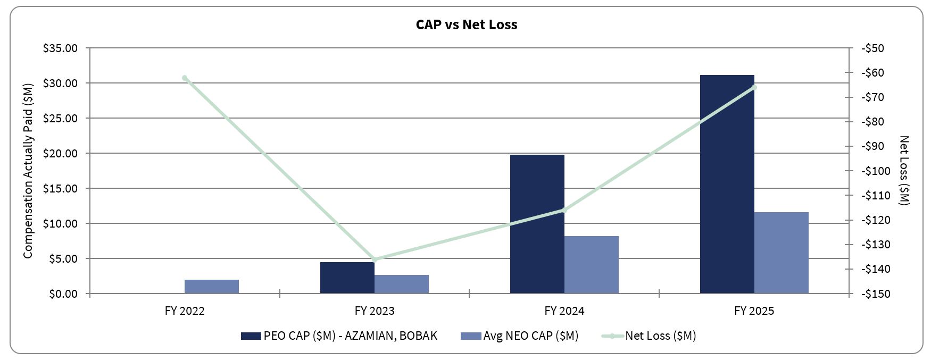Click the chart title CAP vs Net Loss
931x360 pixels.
(x=466, y=24)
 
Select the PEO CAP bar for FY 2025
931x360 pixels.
(x=727, y=184)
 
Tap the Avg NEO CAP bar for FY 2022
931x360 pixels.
(x=211, y=286)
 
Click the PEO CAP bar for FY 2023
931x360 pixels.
(x=347, y=277)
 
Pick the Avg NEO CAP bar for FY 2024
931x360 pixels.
(x=591, y=264)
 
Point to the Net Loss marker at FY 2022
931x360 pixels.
(x=185, y=78)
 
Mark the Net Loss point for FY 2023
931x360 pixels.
(x=375, y=259)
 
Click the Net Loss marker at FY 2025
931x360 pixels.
(x=754, y=87)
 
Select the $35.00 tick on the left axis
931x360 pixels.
(x=60, y=48)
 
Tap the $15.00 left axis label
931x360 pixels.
(x=60, y=189)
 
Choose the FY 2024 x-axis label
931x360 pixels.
(x=564, y=311)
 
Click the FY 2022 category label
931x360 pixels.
(x=185, y=311)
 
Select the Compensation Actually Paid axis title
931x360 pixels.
(x=28, y=170)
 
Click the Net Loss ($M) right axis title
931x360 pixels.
(x=904, y=170)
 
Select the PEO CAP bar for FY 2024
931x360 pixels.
(x=537, y=224)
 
